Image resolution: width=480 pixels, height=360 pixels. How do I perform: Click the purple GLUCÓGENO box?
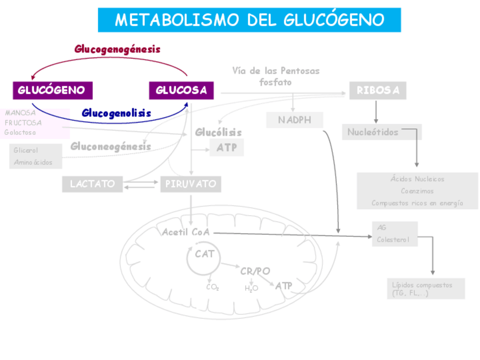pos(52,90)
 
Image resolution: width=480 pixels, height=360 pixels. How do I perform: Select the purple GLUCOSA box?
pos(181,90)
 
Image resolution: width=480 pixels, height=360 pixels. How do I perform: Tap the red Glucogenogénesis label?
pos(117,49)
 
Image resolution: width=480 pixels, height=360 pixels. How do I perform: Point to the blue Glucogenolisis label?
pos(116,113)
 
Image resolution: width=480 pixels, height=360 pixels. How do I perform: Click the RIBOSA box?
pos(378,91)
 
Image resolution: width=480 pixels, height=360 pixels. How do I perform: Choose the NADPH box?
pos(294,120)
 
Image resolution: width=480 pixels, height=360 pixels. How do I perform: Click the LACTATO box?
pos(92,184)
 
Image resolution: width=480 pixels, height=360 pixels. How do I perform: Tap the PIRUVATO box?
pos(190,184)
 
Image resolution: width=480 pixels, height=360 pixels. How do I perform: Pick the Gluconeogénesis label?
pos(110,147)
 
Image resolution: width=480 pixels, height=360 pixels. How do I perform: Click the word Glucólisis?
pos(218,132)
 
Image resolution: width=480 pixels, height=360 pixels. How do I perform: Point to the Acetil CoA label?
pos(186,232)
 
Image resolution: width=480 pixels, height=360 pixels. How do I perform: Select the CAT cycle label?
pos(204,254)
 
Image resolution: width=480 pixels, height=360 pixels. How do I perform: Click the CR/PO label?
pos(255,271)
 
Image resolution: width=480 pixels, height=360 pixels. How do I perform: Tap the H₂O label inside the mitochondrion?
pos(251,288)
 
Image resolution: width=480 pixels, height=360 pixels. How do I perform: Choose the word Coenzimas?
pos(417,191)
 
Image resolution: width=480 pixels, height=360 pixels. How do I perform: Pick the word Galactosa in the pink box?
pos(20,132)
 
